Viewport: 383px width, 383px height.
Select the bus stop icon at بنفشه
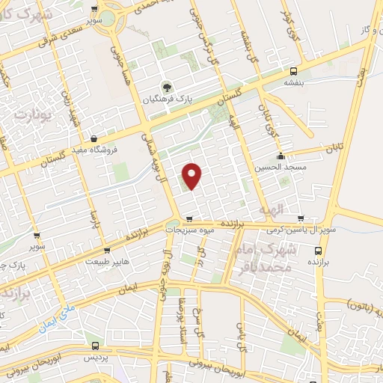click(x=292, y=73)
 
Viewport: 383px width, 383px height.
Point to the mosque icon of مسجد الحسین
click(x=281, y=156)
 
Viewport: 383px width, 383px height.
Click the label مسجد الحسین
click(x=281, y=168)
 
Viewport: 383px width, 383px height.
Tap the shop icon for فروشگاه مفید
click(x=94, y=138)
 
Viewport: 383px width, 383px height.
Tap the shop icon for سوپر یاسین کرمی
click(x=301, y=219)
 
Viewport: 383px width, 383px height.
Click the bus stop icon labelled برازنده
click(x=319, y=251)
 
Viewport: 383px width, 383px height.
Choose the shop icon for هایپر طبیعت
click(x=108, y=250)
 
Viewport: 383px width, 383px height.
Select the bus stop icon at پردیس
click(x=95, y=346)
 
